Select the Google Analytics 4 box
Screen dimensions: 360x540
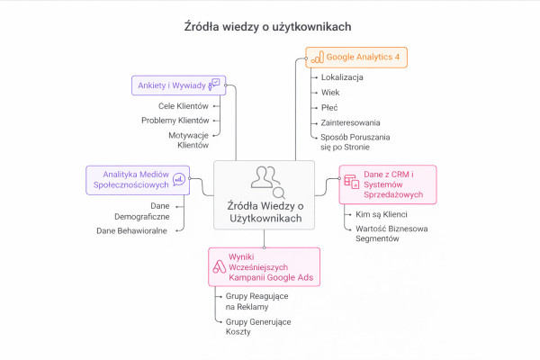pos(355,58)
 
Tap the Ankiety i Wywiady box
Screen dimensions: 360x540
pos(175,85)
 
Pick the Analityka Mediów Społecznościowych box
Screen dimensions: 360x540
pos(137,178)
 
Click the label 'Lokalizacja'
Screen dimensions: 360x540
pos(342,77)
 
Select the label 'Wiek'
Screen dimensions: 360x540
pos(330,93)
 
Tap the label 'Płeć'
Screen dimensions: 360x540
pos(330,107)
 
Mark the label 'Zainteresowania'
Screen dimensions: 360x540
pos(350,122)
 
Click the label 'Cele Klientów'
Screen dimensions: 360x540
pos(183,105)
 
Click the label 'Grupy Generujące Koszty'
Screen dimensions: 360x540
pos(252,326)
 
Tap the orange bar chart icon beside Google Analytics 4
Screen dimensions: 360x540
pos(316,58)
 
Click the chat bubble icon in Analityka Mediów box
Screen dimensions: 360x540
pos(179,178)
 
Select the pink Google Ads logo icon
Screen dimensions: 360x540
pos(219,266)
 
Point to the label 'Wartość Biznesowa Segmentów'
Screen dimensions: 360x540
pos(390,234)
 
